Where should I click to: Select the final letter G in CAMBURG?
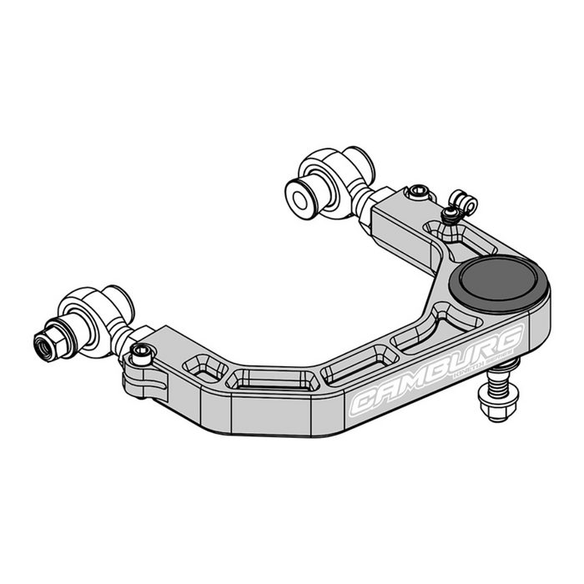pyautogui.click(x=510, y=337)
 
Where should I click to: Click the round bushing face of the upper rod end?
pyautogui.click(x=298, y=194)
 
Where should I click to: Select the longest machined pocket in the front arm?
pyautogui.click(x=271, y=379)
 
